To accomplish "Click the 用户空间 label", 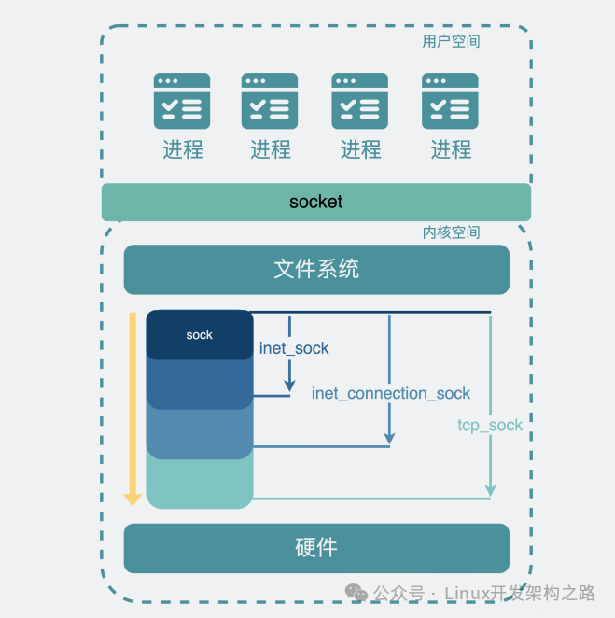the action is pyautogui.click(x=451, y=41).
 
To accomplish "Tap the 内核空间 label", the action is pyautogui.click(x=451, y=232).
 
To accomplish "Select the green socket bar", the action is pyautogui.click(x=316, y=202).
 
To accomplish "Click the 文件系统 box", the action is pyautogui.click(x=316, y=270).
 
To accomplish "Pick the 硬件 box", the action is pyautogui.click(x=316, y=548).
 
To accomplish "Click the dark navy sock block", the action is pyautogui.click(x=200, y=334).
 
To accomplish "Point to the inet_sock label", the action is pyautogui.click(x=294, y=348).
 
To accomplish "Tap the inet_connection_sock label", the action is pyautogui.click(x=391, y=393).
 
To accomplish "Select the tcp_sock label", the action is pyautogui.click(x=490, y=426).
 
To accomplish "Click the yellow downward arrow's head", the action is pyautogui.click(x=133, y=499).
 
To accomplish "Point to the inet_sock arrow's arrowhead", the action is pyautogui.click(x=289, y=386).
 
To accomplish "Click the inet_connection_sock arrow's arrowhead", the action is pyautogui.click(x=389, y=438).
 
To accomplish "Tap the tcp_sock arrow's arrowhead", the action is pyautogui.click(x=490, y=490).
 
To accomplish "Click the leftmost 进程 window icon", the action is pyautogui.click(x=182, y=101).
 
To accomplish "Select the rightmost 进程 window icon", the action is pyautogui.click(x=450, y=101).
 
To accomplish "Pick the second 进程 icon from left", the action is pyautogui.click(x=270, y=101).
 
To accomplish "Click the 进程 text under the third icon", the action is pyautogui.click(x=361, y=149).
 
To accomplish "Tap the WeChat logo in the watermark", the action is pyautogui.click(x=356, y=593).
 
